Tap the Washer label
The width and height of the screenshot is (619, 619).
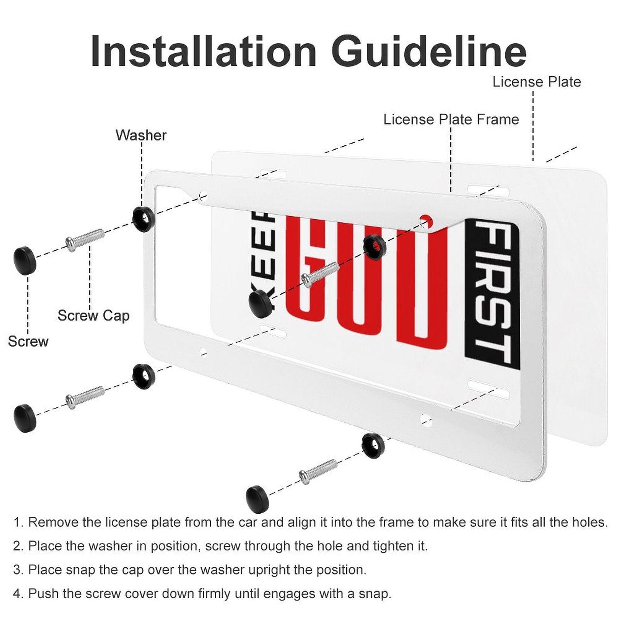[141, 135]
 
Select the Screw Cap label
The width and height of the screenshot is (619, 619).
[93, 316]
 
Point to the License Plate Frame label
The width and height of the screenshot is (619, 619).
[451, 120]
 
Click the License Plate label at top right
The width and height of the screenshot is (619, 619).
[537, 82]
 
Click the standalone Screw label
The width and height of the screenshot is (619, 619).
[28, 342]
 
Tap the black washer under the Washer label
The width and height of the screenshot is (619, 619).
[144, 219]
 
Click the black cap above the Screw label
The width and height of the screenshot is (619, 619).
[25, 260]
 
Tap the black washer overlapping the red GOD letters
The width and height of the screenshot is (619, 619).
[374, 247]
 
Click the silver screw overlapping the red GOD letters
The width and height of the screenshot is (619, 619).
[320, 274]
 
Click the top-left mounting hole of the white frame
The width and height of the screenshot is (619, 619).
[203, 195]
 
